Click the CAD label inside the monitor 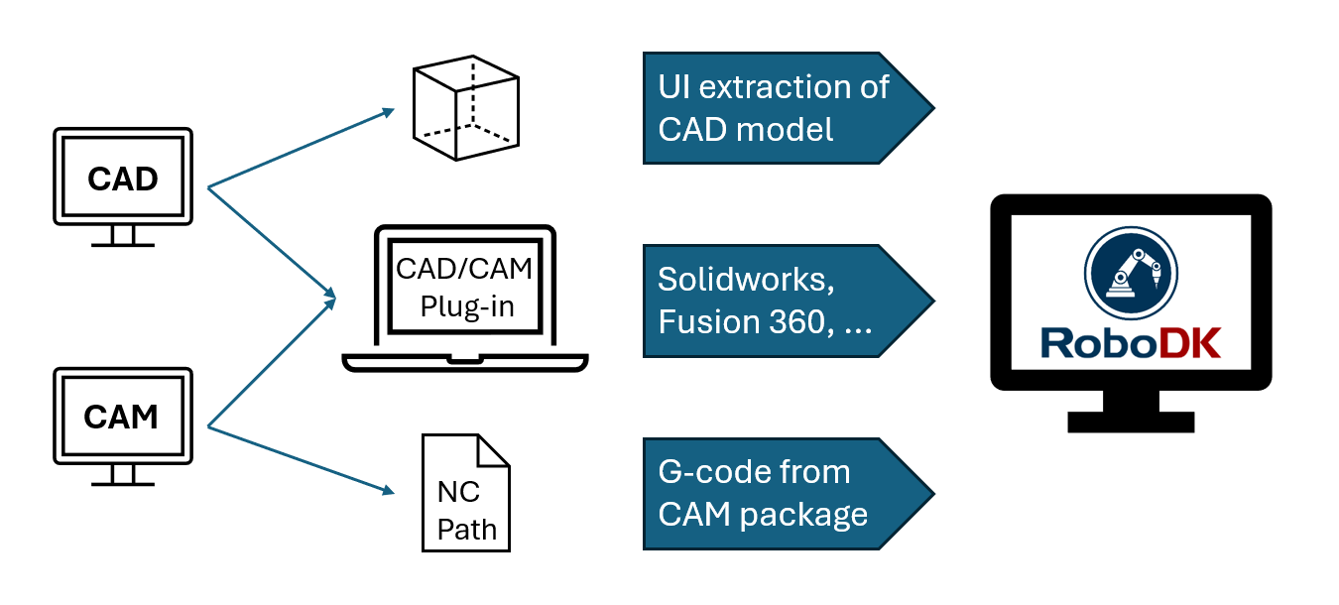(122, 180)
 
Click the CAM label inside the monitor (121, 418)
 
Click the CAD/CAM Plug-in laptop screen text (464, 287)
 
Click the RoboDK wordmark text (1131, 342)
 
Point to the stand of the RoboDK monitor (1131, 412)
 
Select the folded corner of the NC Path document (493, 450)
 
